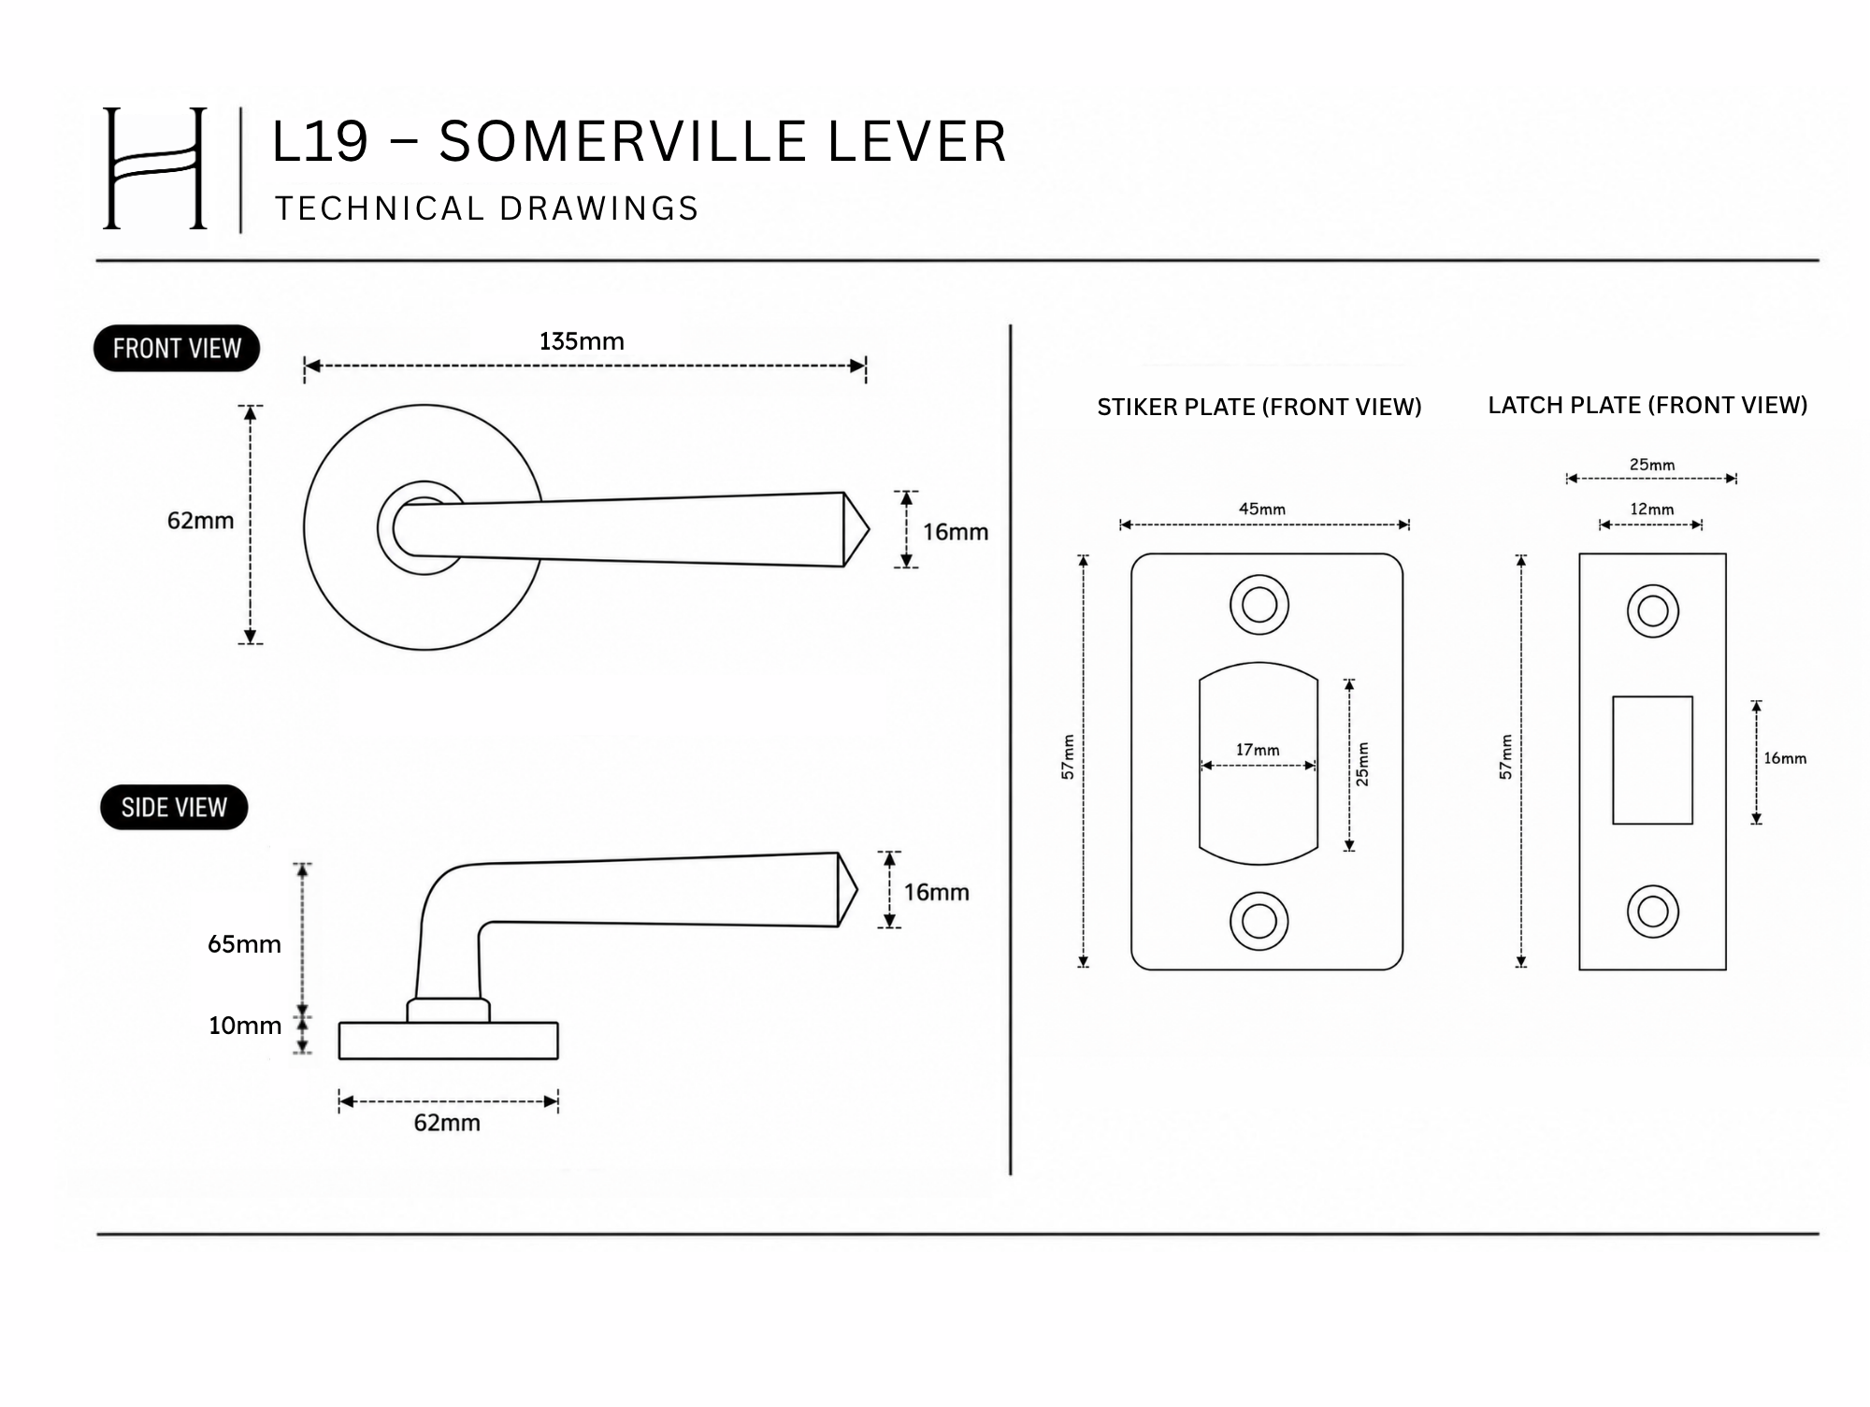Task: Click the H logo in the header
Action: pyautogui.click(x=154, y=168)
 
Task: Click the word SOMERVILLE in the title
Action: pyautogui.click(x=623, y=142)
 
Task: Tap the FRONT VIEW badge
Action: pyautogui.click(x=177, y=349)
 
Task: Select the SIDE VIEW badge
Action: pyautogui.click(x=174, y=807)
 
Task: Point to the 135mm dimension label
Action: pyautogui.click(x=582, y=341)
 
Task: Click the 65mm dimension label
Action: pyautogui.click(x=244, y=944)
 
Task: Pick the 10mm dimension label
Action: pyautogui.click(x=244, y=1026)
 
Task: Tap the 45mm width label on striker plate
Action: pyautogui.click(x=1262, y=510)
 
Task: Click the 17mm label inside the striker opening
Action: pyautogui.click(x=1258, y=750)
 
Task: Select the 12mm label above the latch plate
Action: pyautogui.click(x=1652, y=510)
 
